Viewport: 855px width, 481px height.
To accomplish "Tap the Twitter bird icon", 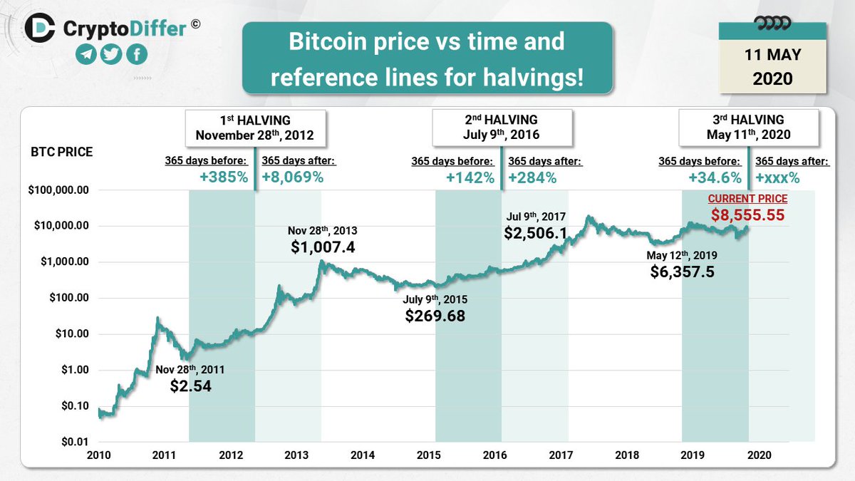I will pyautogui.click(x=111, y=56).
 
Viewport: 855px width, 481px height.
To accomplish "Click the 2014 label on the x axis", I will pyautogui.click(x=363, y=455).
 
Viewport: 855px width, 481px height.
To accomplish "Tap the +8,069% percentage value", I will pyautogui.click(x=293, y=177).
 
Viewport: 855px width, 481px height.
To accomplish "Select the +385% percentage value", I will pyautogui.click(x=224, y=177).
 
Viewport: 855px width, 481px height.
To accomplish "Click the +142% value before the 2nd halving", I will pyautogui.click(x=470, y=177).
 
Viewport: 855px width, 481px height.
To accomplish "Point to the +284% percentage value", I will pyautogui.click(x=533, y=177).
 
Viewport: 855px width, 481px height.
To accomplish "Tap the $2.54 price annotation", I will pyautogui.click(x=190, y=386).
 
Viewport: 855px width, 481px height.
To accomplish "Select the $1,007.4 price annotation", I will pyautogui.click(x=323, y=247).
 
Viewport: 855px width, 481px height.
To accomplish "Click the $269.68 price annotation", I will pyautogui.click(x=435, y=315).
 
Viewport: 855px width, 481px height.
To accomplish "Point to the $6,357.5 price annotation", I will pyautogui.click(x=683, y=271).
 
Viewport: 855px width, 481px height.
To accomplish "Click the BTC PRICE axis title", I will pyautogui.click(x=62, y=152).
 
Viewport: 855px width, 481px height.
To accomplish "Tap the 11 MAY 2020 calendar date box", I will pyautogui.click(x=772, y=66).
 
